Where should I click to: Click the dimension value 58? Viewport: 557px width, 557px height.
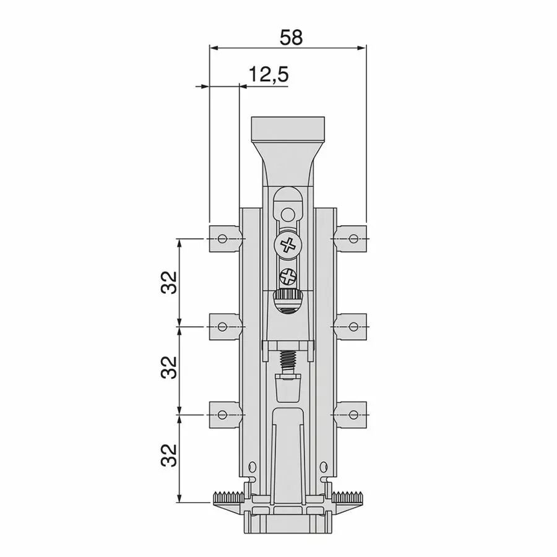(x=291, y=37)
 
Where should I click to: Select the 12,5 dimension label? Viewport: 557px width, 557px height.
(x=268, y=75)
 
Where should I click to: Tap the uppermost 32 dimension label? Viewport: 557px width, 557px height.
(x=169, y=282)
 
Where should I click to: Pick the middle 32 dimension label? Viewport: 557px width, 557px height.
(x=169, y=367)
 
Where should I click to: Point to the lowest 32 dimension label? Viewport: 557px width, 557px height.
(x=169, y=455)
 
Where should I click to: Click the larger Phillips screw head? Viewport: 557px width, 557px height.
(x=288, y=244)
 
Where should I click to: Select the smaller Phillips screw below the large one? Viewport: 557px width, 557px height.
(x=288, y=277)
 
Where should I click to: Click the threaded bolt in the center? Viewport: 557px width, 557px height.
(x=288, y=362)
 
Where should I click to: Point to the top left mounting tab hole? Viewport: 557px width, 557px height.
(x=222, y=238)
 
